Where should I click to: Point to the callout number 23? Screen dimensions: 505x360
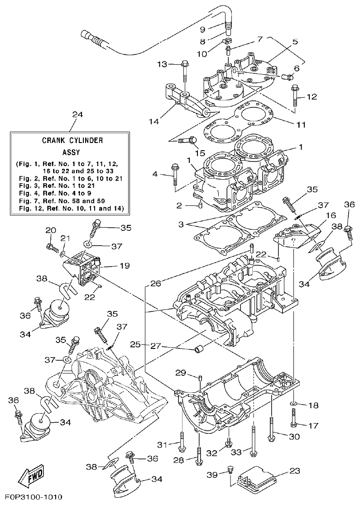coord(295,471)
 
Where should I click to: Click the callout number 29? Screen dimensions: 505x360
coord(181,372)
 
